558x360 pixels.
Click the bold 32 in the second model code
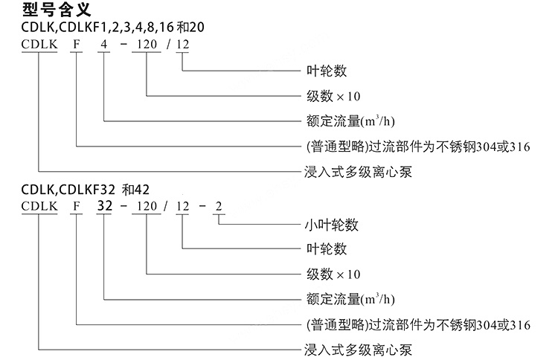click(104, 206)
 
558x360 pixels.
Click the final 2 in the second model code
click(219, 206)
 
